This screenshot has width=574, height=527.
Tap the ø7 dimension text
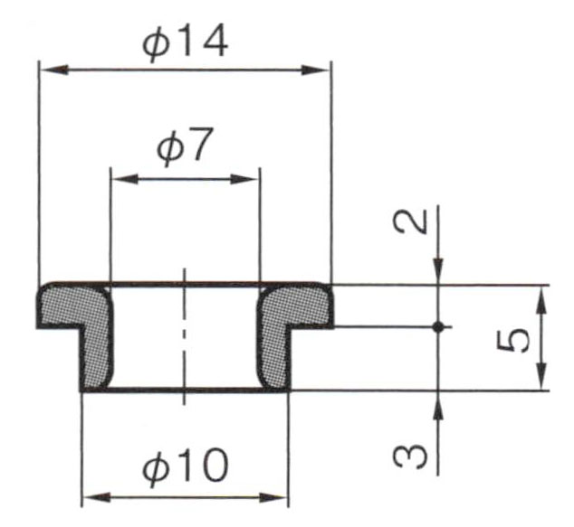point(185,146)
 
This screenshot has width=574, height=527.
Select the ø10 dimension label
point(186,466)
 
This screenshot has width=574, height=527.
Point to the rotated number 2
point(410,221)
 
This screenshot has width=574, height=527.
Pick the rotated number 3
point(410,456)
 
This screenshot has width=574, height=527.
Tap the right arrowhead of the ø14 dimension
point(316,70)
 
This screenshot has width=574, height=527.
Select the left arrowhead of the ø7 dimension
point(125,179)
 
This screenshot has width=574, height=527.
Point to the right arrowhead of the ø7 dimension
point(245,179)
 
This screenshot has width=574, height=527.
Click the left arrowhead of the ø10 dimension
point(96,497)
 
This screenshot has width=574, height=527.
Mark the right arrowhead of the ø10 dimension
point(273,497)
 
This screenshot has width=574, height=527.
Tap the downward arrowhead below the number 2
point(438,271)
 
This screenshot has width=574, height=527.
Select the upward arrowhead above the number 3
point(438,404)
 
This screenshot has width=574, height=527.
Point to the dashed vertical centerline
point(185,337)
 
